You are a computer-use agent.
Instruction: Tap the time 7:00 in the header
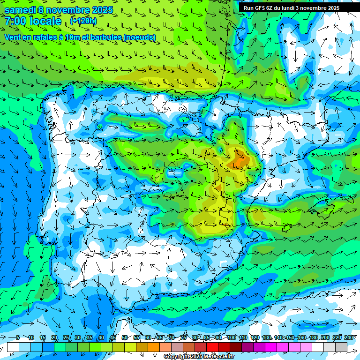(15, 21)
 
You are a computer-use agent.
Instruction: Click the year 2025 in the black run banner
(332, 8)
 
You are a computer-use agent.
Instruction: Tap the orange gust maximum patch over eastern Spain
(240, 160)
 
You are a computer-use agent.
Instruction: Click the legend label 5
(17, 337)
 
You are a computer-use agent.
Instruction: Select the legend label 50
(124, 337)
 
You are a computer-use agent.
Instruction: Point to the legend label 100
(231, 337)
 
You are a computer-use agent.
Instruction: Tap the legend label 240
(348, 337)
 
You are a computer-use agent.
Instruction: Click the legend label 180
(313, 337)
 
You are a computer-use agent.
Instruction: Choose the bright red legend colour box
(212, 347)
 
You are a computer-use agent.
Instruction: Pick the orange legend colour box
(154, 347)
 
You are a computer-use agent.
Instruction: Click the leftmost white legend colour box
(13, 347)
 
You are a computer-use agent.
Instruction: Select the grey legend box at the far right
(341, 347)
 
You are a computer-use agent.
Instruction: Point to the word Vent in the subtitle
(13, 37)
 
